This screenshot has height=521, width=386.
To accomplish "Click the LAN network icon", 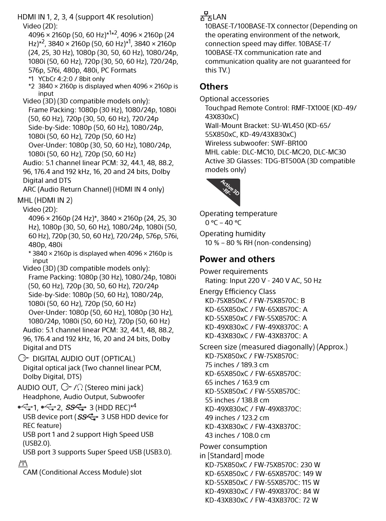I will click(206, 16).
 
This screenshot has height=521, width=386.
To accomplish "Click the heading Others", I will click(214, 87).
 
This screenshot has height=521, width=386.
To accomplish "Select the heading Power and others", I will click(237, 259).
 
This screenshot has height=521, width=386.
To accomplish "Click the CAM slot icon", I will click(23, 464).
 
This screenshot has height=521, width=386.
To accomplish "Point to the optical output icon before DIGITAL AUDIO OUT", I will click(24, 358).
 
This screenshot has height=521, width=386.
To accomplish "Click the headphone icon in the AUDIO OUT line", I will click(80, 387).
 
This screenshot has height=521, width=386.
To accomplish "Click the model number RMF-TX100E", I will click(310, 108).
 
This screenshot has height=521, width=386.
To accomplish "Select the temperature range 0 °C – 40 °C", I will click(223, 223).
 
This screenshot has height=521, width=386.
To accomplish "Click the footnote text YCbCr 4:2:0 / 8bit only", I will click(71, 79).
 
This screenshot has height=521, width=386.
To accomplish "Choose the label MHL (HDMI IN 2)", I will click(45, 200).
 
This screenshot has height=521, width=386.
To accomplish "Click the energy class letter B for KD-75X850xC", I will click(303, 301).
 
